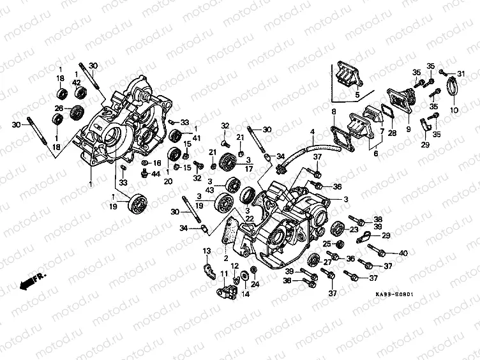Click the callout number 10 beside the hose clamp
(454, 110)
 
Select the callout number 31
(461, 74)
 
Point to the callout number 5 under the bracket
(357, 95)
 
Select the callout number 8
(333, 112)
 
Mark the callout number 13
(207, 250)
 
